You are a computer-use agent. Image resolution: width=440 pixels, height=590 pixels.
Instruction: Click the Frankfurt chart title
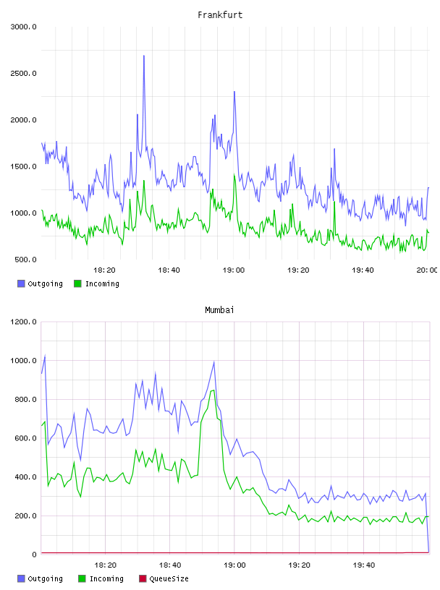[x=220, y=14]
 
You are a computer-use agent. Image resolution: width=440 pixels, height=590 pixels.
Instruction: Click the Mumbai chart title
[x=219, y=309]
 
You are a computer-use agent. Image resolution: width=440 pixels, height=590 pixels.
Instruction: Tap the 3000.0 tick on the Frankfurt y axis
[x=23, y=27]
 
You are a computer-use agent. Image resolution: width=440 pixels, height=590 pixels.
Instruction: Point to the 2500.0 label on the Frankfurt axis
[x=23, y=73]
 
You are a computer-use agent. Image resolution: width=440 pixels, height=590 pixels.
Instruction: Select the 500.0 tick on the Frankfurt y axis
[x=25, y=260]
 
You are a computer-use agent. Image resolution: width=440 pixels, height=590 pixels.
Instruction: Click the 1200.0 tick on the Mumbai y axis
[x=23, y=322]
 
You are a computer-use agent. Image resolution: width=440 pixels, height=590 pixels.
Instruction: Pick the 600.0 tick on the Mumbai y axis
[x=25, y=438]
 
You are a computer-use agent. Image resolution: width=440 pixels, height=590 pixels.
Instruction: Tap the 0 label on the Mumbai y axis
[x=34, y=555]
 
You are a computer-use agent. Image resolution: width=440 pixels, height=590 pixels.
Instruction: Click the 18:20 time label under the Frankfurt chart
[x=104, y=270]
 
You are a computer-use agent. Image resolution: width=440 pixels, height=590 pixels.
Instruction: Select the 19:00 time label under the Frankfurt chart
[x=234, y=270]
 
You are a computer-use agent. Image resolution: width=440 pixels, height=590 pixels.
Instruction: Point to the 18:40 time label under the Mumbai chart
[x=170, y=565]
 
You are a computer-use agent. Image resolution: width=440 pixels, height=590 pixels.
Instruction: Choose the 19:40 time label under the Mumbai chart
[x=364, y=565]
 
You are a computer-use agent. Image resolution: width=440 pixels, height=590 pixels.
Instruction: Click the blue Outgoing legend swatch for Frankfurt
[x=21, y=283]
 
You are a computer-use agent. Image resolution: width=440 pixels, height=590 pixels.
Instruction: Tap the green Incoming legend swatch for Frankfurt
[x=77, y=283]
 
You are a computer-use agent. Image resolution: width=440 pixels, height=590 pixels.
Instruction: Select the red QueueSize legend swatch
[x=143, y=578]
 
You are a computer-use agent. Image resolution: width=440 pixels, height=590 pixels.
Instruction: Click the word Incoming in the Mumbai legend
[x=106, y=578]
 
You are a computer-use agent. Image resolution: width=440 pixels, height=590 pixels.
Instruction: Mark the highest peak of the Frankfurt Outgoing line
[x=144, y=56]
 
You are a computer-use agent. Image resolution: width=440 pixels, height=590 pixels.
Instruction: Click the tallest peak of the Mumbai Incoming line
[x=213, y=390]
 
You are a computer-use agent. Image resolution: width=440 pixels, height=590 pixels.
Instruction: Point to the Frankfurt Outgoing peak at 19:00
[x=234, y=92]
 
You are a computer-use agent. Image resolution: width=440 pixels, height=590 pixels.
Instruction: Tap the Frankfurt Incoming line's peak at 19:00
[x=234, y=174]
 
